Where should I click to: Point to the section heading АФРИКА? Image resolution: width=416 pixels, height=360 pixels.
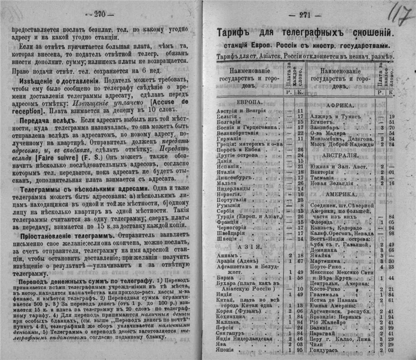[340, 105]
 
